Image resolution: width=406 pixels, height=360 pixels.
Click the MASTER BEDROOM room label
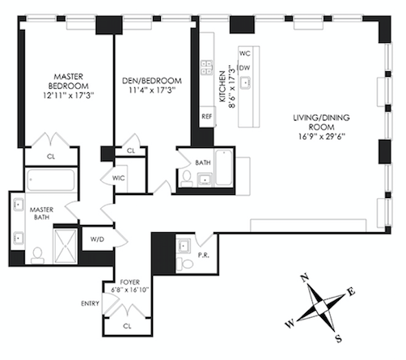69,81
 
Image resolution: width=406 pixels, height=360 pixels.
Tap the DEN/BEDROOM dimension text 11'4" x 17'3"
152,90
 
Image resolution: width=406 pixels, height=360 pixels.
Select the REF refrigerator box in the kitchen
207,116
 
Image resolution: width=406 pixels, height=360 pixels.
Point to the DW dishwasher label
244,68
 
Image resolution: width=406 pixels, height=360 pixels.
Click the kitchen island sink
245,83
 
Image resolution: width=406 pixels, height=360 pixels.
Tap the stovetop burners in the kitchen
207,67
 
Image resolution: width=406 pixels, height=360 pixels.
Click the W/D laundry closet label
97,239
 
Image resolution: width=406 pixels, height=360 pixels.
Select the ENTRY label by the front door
90,303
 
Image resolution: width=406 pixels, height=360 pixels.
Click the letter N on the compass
305,277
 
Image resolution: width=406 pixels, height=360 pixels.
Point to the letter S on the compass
339,338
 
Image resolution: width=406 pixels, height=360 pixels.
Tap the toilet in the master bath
37,256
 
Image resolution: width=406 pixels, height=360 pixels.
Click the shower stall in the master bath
65,246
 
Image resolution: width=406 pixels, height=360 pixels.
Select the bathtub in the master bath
51,180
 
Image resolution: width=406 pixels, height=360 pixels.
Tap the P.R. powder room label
204,255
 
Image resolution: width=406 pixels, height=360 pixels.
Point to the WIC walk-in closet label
119,178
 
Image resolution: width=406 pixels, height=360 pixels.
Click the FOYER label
130,282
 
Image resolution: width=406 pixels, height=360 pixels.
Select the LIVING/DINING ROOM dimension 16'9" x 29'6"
322,137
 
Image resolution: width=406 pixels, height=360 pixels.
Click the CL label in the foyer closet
127,326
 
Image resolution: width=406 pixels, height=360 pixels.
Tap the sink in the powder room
184,246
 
